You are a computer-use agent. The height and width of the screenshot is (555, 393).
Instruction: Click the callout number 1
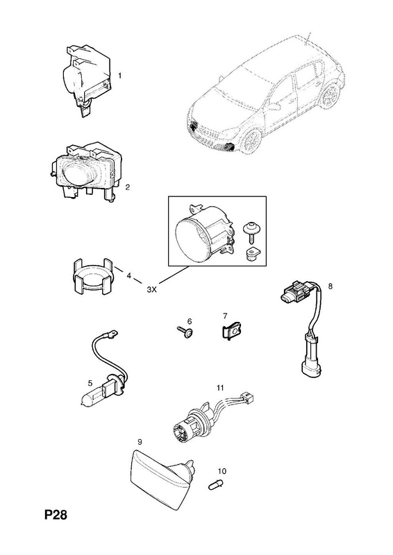pos(120,76)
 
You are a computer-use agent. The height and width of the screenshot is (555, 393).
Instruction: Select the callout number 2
pos(128,187)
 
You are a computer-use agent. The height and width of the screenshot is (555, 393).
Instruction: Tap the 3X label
pos(151,289)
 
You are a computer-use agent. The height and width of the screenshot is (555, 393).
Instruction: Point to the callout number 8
pos(331,286)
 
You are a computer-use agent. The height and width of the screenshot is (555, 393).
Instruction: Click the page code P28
pos(56,515)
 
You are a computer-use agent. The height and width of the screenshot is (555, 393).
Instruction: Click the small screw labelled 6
pos(185,332)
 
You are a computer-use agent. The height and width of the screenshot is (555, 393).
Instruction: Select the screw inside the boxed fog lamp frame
pos(251,232)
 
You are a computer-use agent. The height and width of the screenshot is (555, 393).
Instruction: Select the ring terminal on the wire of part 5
pos(112,333)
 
